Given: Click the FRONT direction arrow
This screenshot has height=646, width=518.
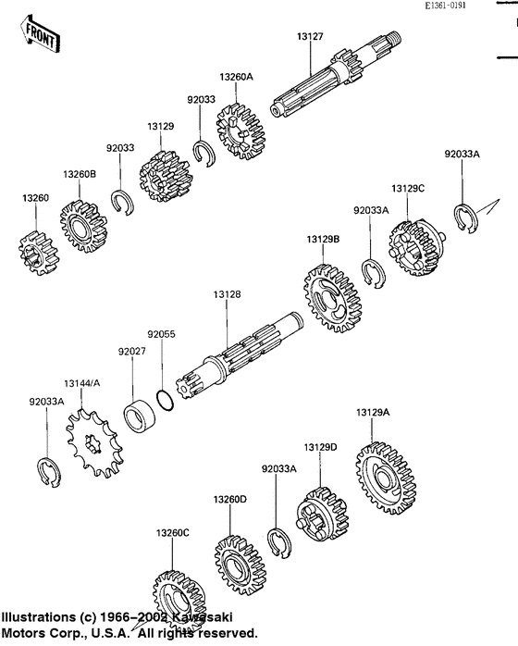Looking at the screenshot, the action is (x=40, y=35).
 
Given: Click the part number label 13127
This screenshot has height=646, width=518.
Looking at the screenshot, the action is (x=310, y=36).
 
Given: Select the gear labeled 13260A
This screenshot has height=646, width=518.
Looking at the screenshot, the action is (x=241, y=131).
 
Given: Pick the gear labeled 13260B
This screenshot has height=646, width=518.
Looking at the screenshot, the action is (x=84, y=226).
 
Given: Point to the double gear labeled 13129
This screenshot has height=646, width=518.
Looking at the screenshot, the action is (x=166, y=177).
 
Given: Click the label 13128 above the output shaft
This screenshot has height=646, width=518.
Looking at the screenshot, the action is (x=227, y=294).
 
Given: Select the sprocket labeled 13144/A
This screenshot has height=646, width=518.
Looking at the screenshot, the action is (x=92, y=442).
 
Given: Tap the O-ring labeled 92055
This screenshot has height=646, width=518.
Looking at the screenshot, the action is (x=166, y=401).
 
